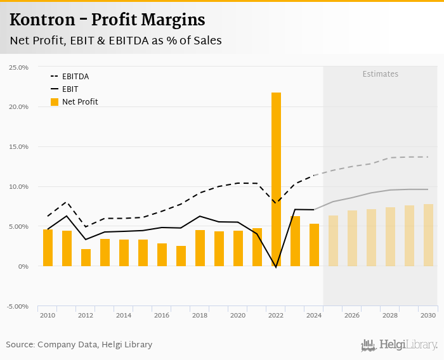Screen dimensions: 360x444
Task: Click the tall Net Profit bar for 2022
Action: tap(276, 179)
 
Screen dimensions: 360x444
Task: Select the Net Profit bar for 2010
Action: tap(48, 248)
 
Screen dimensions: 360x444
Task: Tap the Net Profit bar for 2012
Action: tap(86, 257)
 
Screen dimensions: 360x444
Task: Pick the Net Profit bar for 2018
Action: tap(200, 248)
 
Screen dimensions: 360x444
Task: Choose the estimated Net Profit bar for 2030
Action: tap(428, 235)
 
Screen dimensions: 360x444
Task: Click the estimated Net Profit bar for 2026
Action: tap(352, 238)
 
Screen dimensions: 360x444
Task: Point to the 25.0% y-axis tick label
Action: tap(18, 67)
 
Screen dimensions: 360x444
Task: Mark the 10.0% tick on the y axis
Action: tap(18, 187)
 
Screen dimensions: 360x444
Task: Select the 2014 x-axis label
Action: tap(124, 315)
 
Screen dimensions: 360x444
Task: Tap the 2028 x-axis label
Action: tap(390, 315)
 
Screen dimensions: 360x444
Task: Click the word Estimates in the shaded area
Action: tap(381, 74)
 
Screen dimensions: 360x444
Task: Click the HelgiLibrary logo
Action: tap(399, 345)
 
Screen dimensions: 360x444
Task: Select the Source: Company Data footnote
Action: tap(79, 345)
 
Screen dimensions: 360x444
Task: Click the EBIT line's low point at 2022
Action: tap(276, 267)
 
